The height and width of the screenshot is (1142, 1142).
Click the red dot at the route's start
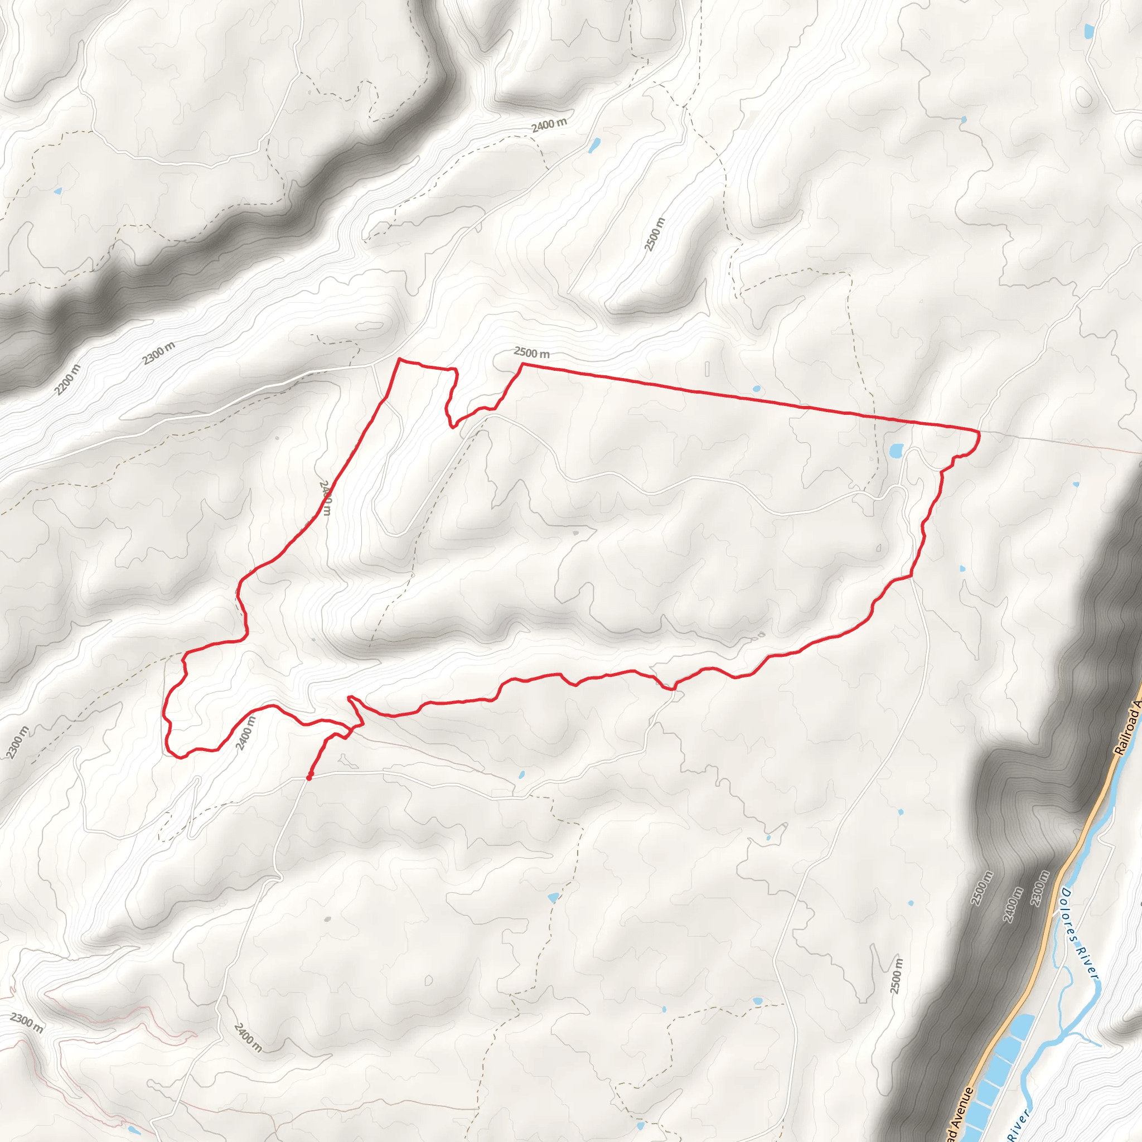tap(309, 777)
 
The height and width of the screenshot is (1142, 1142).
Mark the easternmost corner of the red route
tap(979, 433)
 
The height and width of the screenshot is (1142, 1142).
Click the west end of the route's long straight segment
tap(521, 364)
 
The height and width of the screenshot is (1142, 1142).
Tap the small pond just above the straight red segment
tap(757, 389)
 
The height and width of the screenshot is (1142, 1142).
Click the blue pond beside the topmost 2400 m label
tap(593, 144)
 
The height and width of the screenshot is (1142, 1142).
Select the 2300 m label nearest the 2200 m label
tap(158, 353)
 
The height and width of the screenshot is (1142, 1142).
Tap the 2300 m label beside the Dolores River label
tap(1042, 888)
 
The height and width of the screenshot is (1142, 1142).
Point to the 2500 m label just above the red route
tap(531, 353)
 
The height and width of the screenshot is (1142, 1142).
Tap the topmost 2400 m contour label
tap(549, 125)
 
